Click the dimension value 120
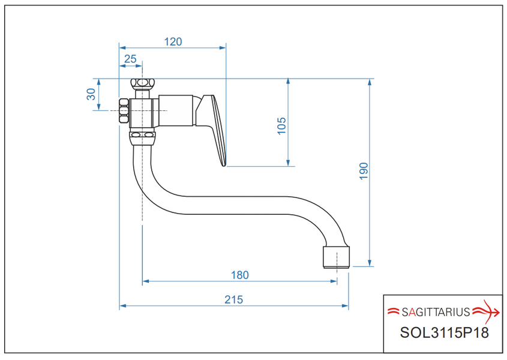point(173,42)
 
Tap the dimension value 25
point(130,59)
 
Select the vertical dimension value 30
point(91,94)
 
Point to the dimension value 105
point(281,125)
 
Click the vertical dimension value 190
point(364,171)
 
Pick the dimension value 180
point(239,275)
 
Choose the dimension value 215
point(233,299)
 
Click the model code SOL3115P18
point(444,332)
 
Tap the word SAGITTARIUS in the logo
point(436,312)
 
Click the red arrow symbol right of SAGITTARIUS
point(487,312)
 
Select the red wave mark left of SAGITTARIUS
point(394,311)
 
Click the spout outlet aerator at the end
point(336,257)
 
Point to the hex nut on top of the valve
point(143,83)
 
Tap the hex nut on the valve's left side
point(124,110)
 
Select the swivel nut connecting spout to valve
point(142,138)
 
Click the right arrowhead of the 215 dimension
point(345,305)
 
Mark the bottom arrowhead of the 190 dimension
point(370,263)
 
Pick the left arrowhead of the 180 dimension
point(146,281)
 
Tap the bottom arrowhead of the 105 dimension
point(288,163)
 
